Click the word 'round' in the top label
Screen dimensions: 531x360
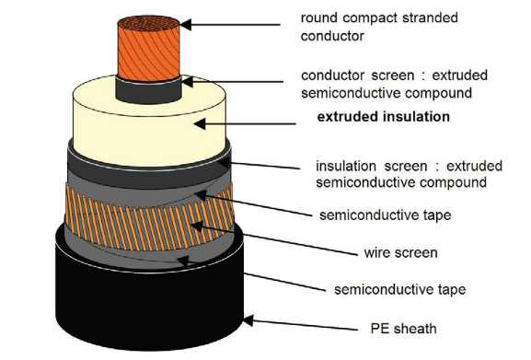point(319,17)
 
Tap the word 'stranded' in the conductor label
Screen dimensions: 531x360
point(430,17)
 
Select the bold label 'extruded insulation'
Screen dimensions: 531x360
point(384,117)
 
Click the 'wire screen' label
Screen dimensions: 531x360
point(400,252)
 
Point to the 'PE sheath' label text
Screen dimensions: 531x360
point(403,329)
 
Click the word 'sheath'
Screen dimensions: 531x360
point(415,329)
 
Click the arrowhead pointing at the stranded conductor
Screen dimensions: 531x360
point(186,25)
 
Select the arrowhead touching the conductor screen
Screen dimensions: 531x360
point(187,82)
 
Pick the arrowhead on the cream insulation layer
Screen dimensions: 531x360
point(200,124)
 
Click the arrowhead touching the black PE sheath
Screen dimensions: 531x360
point(248,320)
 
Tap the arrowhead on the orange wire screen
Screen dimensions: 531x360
point(197,226)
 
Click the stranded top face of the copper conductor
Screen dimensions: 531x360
point(148,24)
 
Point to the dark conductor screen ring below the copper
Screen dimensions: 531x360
point(148,91)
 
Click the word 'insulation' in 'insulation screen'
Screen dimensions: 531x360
point(346,167)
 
